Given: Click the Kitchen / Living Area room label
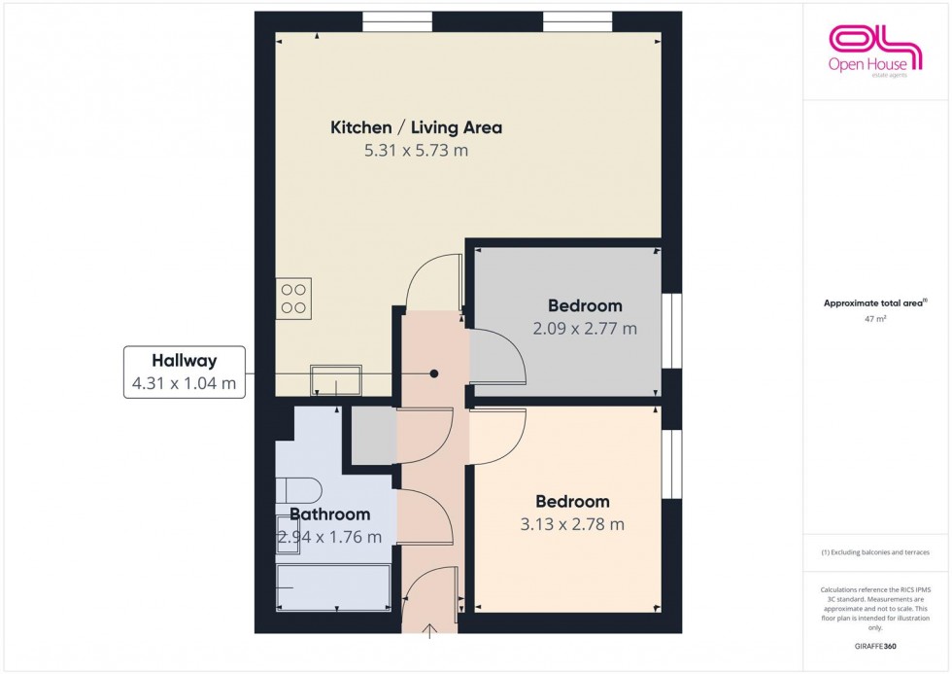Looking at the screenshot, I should click(x=416, y=127).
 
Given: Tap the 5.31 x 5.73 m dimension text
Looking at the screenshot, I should click(x=416, y=151).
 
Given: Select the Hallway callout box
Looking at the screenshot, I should click(x=184, y=372).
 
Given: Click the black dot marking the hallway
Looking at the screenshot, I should click(x=434, y=373).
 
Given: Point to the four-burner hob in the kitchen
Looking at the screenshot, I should click(x=294, y=298).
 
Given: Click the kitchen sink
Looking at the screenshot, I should click(x=336, y=379).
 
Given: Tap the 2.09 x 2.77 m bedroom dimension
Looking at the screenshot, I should click(x=585, y=329).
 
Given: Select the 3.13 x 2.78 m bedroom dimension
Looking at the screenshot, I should click(x=573, y=524).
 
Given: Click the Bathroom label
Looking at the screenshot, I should click(x=329, y=514).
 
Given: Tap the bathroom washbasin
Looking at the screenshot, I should click(x=289, y=541).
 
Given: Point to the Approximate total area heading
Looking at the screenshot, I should click(x=875, y=303).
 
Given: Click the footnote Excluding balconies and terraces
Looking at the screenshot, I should click(x=875, y=552).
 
